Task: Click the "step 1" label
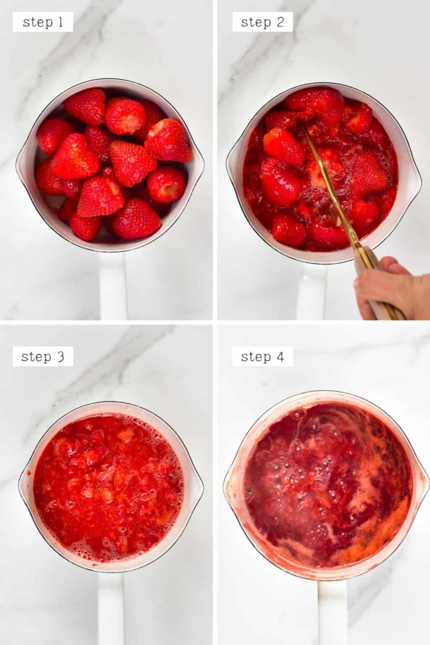42,22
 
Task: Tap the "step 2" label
262,22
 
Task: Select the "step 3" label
42,357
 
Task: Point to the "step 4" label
262,357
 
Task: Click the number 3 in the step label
60,357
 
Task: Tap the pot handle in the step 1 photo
112,286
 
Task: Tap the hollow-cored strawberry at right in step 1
167,186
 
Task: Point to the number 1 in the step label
60,22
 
